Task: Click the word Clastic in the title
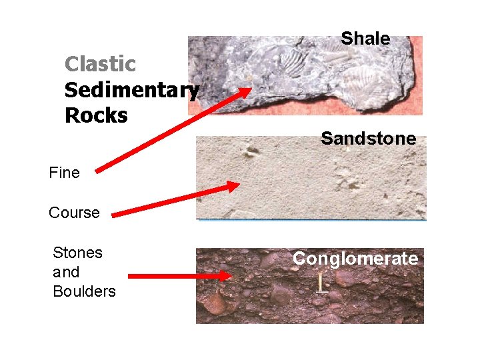tap(100, 65)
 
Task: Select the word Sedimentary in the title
tap(131, 90)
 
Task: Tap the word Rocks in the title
tap(96, 115)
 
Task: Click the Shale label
tap(365, 39)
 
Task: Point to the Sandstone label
tap(368, 139)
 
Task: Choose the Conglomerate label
tap(355, 259)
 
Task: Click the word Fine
tap(64, 173)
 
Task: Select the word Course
tap(74, 213)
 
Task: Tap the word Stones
tap(77, 253)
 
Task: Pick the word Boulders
tap(84, 291)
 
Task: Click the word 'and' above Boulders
tap(66, 272)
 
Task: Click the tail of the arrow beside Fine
tap(99, 171)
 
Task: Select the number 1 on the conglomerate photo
tap(322, 283)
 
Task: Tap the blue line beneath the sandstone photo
tap(311, 219)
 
